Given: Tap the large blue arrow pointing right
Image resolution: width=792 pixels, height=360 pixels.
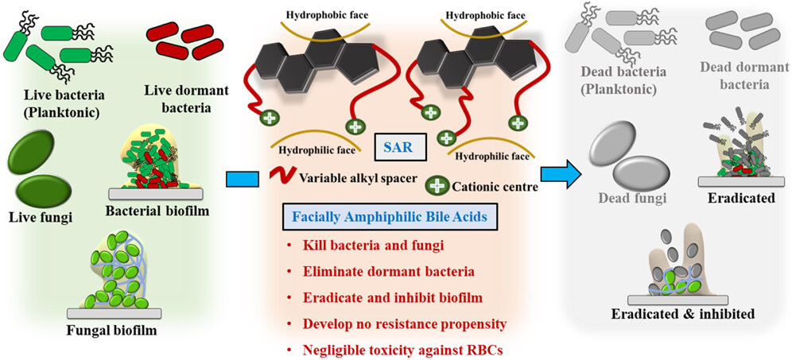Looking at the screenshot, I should (x=559, y=176).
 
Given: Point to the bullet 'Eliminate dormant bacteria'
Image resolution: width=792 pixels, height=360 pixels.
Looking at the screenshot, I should (x=377, y=271).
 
